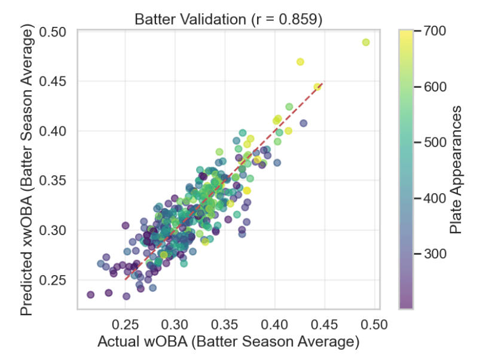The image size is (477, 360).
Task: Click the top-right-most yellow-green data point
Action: pyautogui.click(x=366, y=42)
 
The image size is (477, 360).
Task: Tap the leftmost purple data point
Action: pyautogui.click(x=90, y=294)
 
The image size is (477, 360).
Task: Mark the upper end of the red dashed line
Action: pyautogui.click(x=323, y=83)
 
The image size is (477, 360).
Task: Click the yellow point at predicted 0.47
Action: pyautogui.click(x=301, y=62)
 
